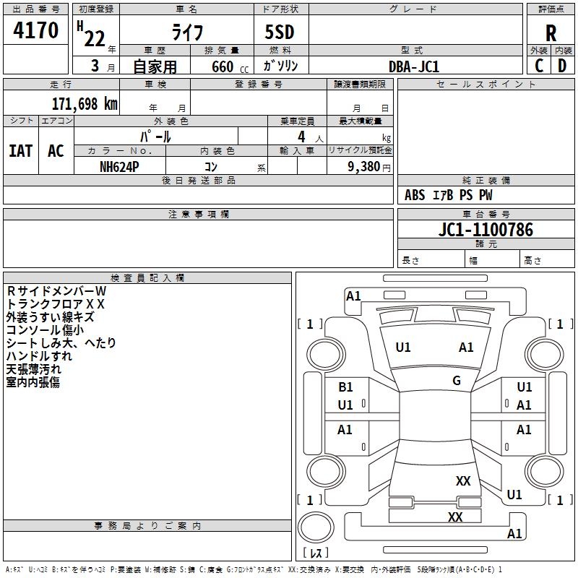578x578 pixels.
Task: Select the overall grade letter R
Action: (x=551, y=34)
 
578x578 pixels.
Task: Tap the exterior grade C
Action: (x=539, y=65)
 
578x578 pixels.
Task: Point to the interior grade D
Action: (x=562, y=65)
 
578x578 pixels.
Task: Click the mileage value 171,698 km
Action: (x=85, y=103)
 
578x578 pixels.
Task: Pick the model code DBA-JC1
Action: (x=413, y=66)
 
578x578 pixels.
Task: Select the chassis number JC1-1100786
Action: (x=486, y=230)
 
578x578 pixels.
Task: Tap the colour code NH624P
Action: (x=120, y=166)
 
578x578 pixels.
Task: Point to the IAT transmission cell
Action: (x=21, y=151)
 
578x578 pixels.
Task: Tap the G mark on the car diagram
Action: (x=457, y=381)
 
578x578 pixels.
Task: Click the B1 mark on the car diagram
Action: (x=346, y=387)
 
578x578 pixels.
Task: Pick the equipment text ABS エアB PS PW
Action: (x=449, y=195)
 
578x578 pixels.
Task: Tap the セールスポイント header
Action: (x=486, y=85)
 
